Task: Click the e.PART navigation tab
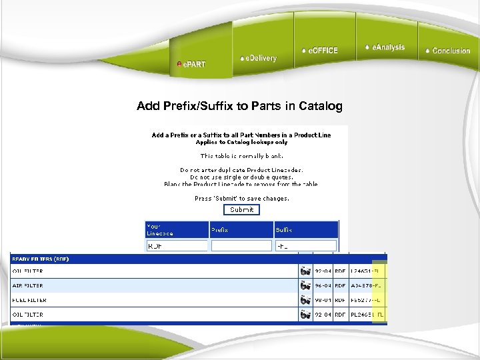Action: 192,64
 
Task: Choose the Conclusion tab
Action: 448,51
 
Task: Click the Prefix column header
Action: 219,230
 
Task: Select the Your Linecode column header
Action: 160,229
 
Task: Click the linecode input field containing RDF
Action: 176,246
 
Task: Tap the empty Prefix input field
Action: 240,246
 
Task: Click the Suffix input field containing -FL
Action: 305,246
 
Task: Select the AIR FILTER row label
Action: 28,285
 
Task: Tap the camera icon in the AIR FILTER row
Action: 305,285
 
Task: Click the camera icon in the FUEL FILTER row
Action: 305,300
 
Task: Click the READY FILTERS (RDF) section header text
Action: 40,259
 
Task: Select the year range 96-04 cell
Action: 323,285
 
